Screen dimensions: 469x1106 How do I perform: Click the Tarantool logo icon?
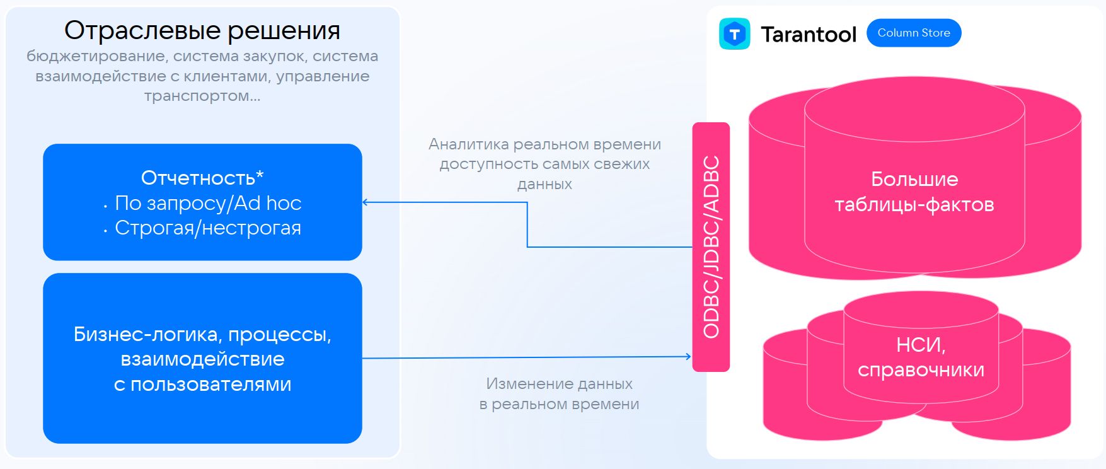[734, 34]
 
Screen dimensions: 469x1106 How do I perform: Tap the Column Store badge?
[914, 33]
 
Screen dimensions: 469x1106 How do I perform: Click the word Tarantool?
[809, 35]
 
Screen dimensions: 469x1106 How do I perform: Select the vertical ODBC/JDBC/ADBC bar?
[711, 246]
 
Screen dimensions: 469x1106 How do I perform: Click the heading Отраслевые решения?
[202, 30]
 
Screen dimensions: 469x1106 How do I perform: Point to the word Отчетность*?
[202, 178]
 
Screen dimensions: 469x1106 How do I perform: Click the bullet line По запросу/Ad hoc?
[208, 203]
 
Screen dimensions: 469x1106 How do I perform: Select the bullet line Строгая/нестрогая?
[208, 228]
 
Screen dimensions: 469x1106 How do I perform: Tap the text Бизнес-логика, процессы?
[202, 334]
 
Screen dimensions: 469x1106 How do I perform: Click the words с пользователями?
[202, 384]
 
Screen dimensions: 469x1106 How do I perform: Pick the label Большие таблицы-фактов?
[914, 192]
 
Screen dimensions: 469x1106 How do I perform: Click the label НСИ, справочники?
[921, 357]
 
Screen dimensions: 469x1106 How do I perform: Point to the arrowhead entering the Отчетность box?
[366, 202]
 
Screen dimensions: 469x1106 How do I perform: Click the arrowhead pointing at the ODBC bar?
[688, 357]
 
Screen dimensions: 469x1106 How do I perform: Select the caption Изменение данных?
[559, 383]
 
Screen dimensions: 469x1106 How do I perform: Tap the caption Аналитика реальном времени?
[544, 144]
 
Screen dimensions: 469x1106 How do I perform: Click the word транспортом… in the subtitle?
[202, 96]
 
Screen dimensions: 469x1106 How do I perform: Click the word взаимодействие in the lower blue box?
[202, 359]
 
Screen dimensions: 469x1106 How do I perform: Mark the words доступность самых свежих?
[544, 164]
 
